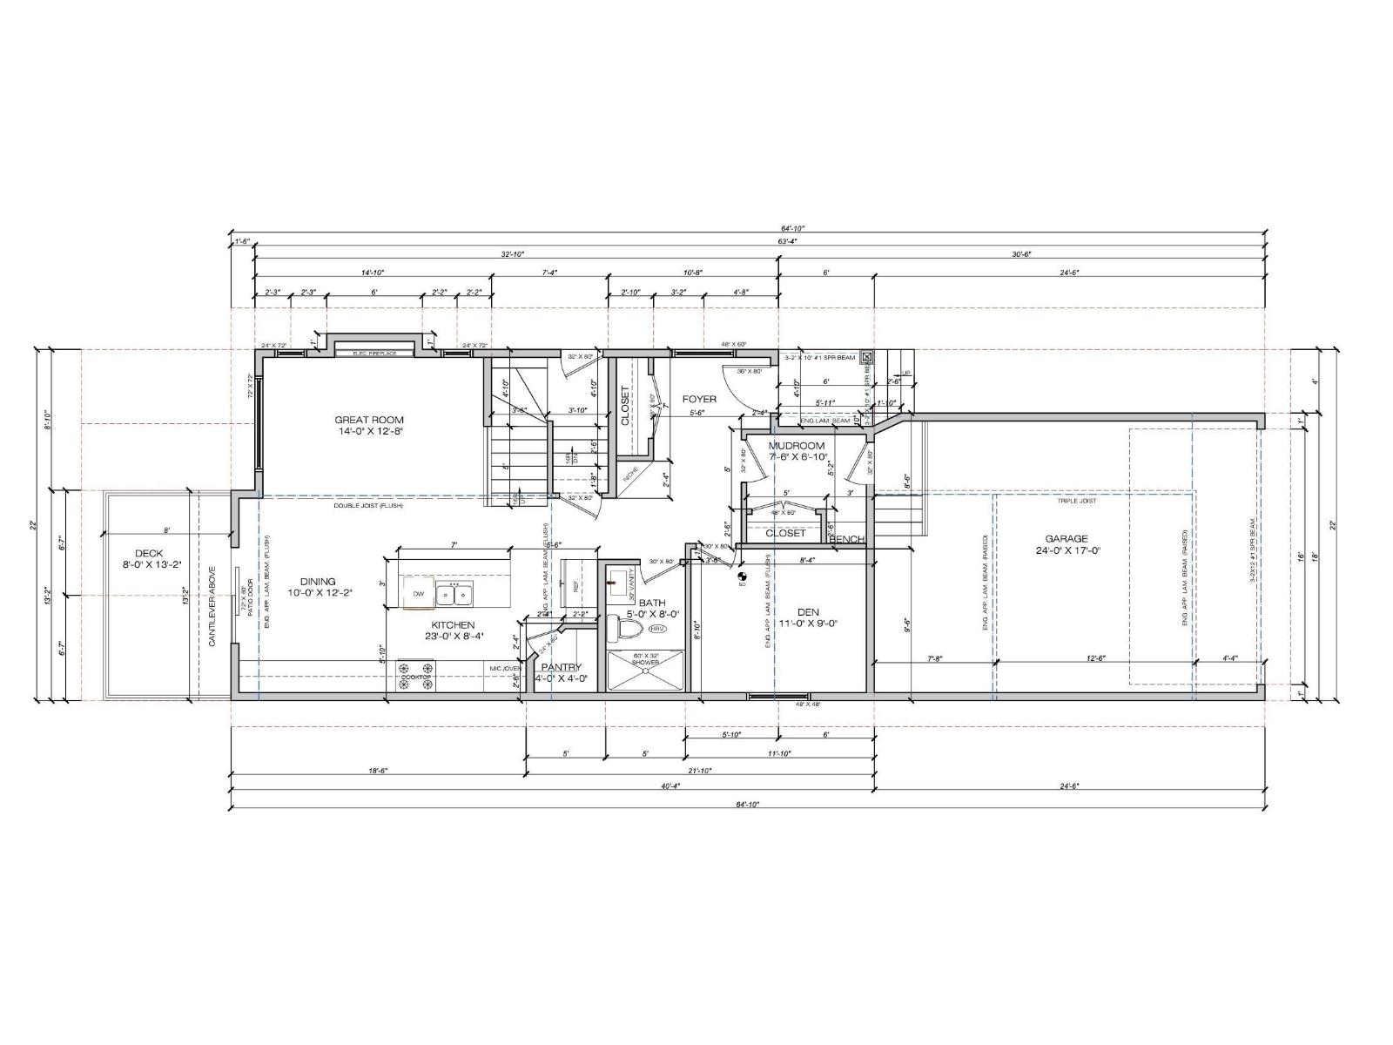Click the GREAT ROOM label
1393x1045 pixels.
[x=369, y=420]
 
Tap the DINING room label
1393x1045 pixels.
[x=318, y=582]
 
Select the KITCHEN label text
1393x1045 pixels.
[x=453, y=624]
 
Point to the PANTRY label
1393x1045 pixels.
[x=561, y=667]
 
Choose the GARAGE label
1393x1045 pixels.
[x=1067, y=538]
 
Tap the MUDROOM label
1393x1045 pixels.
[x=796, y=445]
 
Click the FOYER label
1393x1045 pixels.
[x=699, y=399]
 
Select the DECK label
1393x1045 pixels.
[x=149, y=553]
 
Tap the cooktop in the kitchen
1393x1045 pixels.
[x=416, y=677]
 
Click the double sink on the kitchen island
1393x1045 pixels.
[x=454, y=595]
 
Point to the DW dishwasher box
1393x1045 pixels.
[x=419, y=594]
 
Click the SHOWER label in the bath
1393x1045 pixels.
[x=645, y=664]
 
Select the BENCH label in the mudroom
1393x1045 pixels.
[x=846, y=539]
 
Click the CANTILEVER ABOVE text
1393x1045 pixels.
[x=212, y=607]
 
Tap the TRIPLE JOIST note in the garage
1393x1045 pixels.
[x=1077, y=501]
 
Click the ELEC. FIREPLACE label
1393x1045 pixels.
[x=374, y=354]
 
